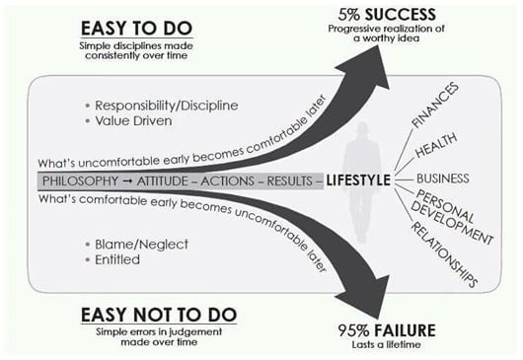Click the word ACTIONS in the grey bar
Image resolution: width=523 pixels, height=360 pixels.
coord(235,182)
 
